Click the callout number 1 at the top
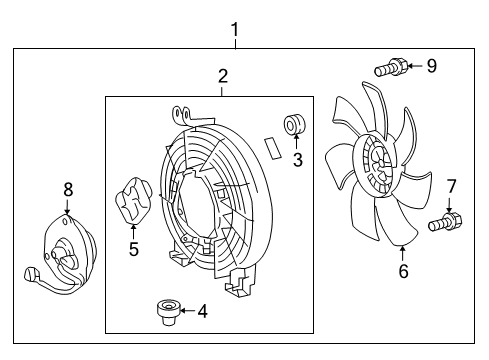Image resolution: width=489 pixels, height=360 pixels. click(234, 30)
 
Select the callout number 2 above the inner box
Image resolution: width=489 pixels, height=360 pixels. click(223, 75)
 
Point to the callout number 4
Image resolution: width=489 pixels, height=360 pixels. click(202, 311)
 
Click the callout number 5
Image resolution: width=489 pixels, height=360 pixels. click(133, 249)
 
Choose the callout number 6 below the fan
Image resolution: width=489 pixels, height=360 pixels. click(403, 269)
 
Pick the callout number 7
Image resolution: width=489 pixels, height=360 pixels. click(450, 185)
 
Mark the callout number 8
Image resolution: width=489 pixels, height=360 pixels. click(68, 188)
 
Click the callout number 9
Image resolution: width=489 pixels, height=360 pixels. click(431, 67)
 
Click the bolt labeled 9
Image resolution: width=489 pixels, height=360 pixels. click(389, 68)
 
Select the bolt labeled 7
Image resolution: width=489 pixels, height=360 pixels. click(444, 221)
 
